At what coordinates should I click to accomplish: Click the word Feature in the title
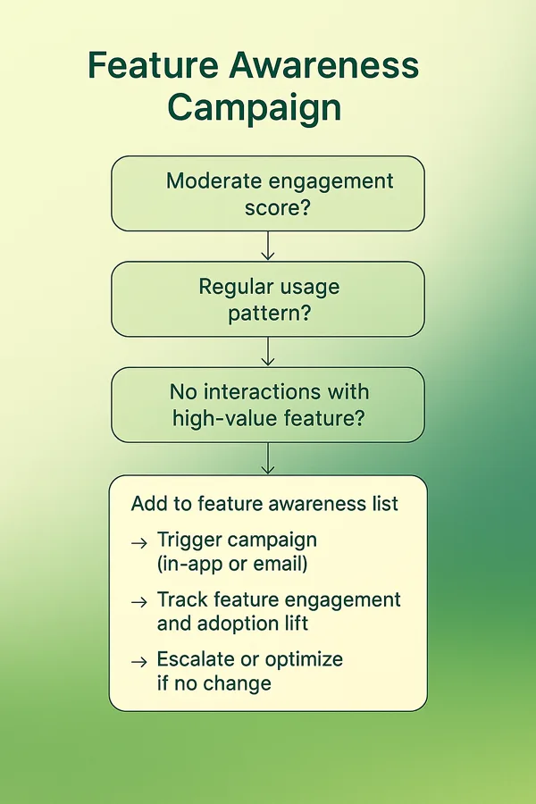[x=153, y=65]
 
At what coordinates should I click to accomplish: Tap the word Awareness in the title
[x=324, y=65]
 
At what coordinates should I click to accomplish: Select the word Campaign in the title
[x=255, y=109]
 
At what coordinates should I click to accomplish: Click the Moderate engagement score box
[x=268, y=193]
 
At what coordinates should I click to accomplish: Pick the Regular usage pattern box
[x=268, y=299]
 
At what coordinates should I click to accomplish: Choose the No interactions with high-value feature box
[x=268, y=405]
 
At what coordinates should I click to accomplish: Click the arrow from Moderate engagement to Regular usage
[x=268, y=246]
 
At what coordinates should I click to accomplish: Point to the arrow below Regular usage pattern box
[x=268, y=351]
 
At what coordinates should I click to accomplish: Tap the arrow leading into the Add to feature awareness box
[x=268, y=458]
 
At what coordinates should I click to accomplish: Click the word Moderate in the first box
[x=214, y=181]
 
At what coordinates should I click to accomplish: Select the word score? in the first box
[x=278, y=208]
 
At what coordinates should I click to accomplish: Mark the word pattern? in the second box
[x=269, y=314]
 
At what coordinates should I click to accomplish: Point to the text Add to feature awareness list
[x=264, y=504]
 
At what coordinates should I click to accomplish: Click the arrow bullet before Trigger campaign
[x=139, y=543]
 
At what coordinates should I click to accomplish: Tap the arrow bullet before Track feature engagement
[x=139, y=602]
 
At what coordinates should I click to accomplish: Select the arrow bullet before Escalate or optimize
[x=139, y=663]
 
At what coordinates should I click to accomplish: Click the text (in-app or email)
[x=232, y=564]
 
